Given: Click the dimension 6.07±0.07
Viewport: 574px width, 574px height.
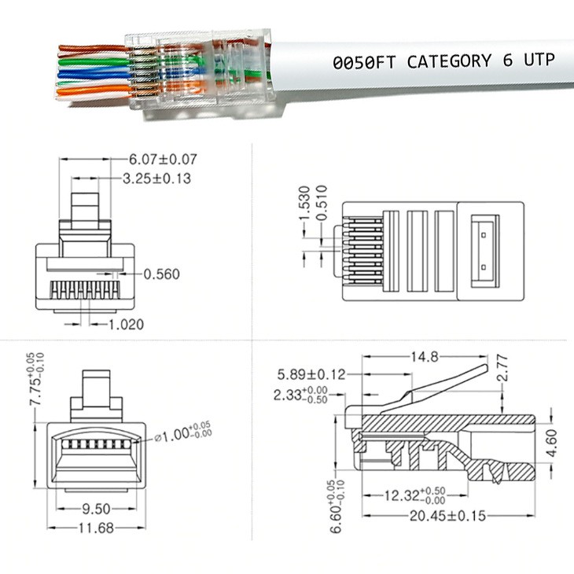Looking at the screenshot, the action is coord(163,160).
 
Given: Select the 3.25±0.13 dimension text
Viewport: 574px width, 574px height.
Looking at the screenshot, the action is coord(156,178).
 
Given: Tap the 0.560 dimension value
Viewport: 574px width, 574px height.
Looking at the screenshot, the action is coord(161,274).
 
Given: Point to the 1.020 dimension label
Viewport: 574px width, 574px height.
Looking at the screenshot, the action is coord(127,324).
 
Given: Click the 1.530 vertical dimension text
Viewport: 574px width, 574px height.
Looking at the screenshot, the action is coord(304,203).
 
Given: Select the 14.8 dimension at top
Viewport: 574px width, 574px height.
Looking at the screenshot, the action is coord(425,356).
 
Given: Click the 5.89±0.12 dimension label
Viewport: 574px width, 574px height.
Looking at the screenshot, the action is coord(311,374).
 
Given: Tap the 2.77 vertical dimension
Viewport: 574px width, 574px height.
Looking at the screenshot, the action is coord(504,367).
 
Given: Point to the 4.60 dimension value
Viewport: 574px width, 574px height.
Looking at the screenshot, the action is coord(551,443).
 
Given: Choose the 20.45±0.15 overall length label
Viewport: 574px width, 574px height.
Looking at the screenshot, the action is coord(447,516).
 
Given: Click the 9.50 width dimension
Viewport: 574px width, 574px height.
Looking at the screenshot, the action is coord(96,509).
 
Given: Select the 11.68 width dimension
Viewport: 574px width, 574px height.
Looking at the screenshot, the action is coord(96,528).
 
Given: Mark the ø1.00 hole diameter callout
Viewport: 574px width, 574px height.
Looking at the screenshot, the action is coord(182,432).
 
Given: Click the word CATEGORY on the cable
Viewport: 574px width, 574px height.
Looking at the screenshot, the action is coord(449,61).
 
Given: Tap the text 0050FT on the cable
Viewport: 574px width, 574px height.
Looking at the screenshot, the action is coord(364,63).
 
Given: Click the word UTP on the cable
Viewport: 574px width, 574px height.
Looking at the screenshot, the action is coord(539,60).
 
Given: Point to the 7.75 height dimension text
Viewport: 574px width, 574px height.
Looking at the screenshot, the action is coord(36,379).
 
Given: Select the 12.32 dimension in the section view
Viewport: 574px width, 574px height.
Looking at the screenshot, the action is coord(414,496).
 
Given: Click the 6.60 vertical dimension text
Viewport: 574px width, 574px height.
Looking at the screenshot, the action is coord(337,506).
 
